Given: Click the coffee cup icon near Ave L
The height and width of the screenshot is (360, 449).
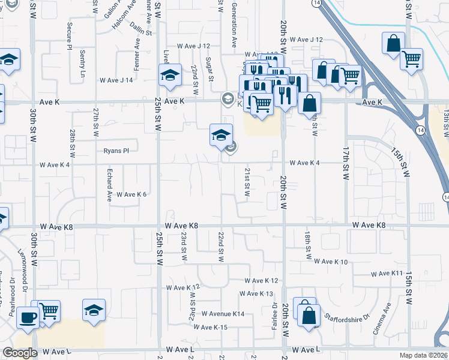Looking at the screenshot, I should click(28, 316).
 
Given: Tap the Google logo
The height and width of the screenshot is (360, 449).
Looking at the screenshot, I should click(20, 353).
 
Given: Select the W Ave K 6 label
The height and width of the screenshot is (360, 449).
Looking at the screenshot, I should click(131, 194).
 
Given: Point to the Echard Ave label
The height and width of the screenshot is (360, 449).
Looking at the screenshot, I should click(110, 187).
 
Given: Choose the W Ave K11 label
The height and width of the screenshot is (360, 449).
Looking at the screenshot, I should click(387, 274).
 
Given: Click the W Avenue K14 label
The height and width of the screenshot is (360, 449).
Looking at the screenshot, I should click(223, 314).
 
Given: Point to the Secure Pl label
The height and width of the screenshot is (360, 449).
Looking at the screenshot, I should click(70, 36).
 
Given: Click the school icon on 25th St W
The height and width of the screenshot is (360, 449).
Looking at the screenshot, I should click(170, 76).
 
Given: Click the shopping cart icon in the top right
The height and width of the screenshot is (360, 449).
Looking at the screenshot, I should click(412, 59).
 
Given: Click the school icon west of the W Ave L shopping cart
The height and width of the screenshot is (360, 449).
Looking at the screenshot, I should click(94, 310).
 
